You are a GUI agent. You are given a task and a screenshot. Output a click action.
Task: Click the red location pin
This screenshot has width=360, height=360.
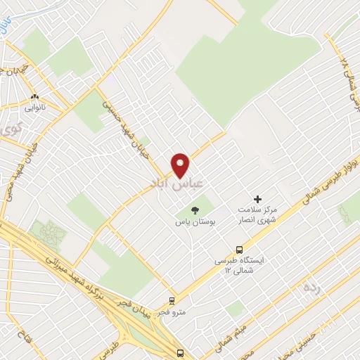coord(181,165)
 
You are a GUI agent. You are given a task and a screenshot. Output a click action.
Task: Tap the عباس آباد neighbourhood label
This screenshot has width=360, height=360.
coord(176,183)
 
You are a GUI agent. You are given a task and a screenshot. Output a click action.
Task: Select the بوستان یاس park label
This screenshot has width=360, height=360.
coord(195,222)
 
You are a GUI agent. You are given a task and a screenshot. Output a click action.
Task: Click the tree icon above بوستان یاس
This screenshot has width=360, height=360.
coord(195,210)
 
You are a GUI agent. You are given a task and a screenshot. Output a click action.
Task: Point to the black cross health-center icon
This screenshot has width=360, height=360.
coord(257,200)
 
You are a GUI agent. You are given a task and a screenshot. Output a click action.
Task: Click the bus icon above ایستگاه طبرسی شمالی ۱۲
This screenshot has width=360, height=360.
coord(240,249)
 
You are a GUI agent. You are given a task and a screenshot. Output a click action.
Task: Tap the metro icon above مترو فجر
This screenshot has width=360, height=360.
coord(171,300)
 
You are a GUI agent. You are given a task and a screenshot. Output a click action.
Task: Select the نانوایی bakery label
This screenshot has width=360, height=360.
coord(34,108)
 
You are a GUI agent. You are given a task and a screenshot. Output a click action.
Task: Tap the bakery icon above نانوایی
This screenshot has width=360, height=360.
coord(34,97)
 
